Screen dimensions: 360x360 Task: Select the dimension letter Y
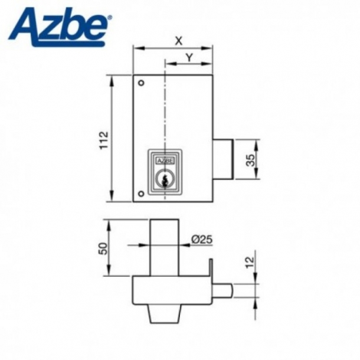coord(189,57)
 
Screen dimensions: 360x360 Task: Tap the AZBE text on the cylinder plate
coord(165,159)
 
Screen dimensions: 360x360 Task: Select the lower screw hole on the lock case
coord(140,195)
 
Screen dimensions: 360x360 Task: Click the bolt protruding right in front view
coord(222,159)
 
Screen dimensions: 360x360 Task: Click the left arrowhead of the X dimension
coord(136,47)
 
